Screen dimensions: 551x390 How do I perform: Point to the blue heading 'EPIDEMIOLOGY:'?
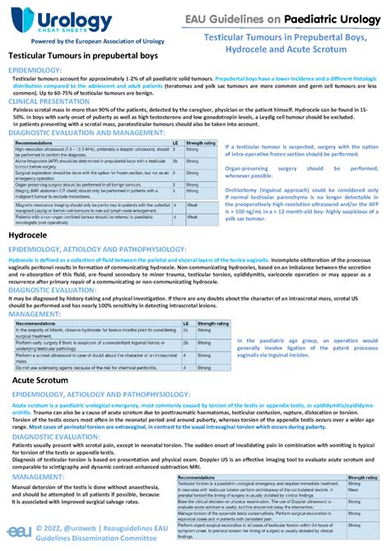pyautogui.click(x=35, y=72)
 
